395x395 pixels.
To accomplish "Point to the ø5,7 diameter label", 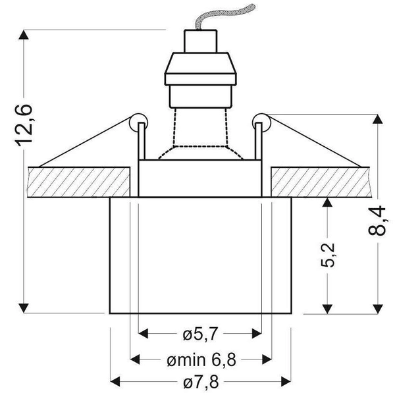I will (200, 335).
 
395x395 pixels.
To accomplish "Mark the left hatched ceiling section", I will (79, 181).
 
